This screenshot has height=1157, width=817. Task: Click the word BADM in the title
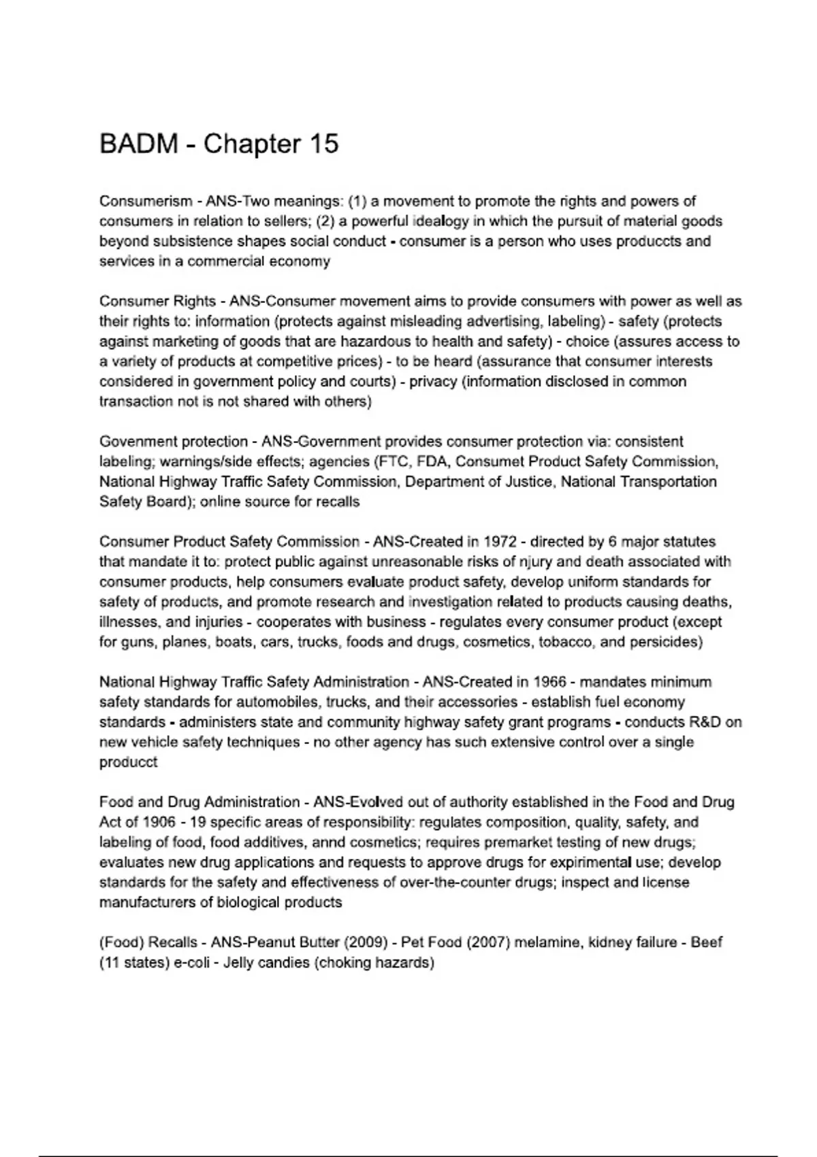point(139,144)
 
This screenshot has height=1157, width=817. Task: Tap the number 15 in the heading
point(323,144)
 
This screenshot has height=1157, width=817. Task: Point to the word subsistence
point(193,242)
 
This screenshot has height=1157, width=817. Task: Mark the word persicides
point(664,642)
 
